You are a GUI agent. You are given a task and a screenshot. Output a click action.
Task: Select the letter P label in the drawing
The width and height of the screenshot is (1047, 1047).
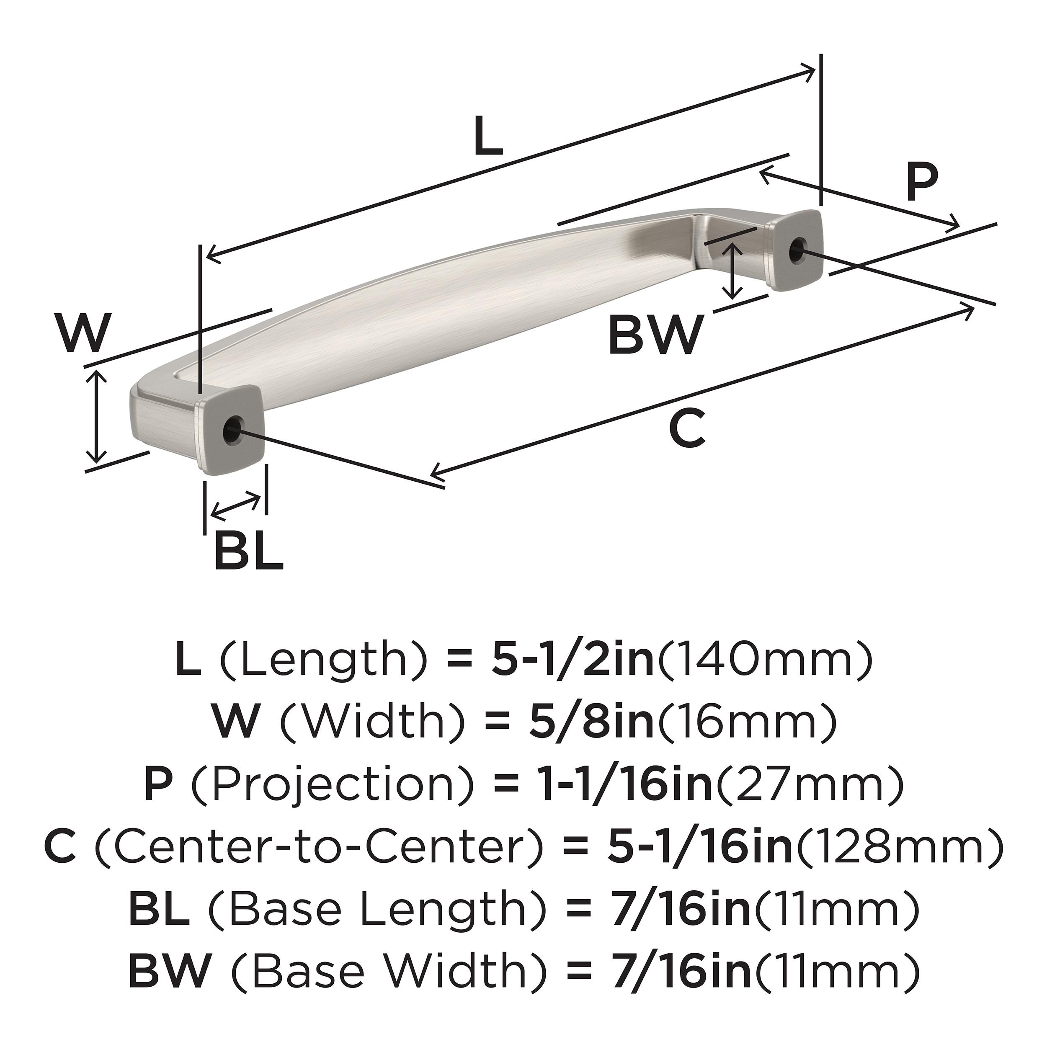pos(922,184)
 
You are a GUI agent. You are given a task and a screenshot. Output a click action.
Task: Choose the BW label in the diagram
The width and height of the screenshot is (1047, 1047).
pos(655,335)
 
